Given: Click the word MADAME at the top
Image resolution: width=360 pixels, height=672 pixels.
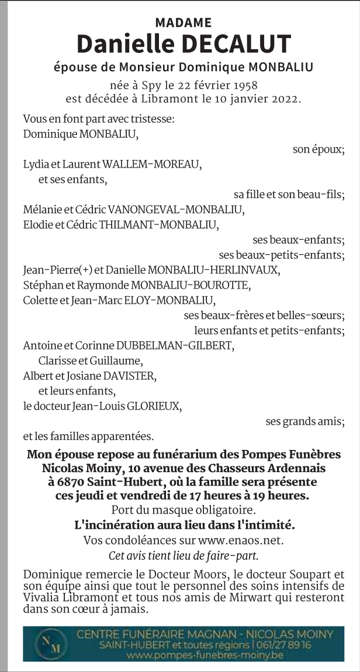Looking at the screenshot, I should pos(184,23).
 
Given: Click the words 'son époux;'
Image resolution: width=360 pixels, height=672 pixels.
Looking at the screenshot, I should pos(318,149).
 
